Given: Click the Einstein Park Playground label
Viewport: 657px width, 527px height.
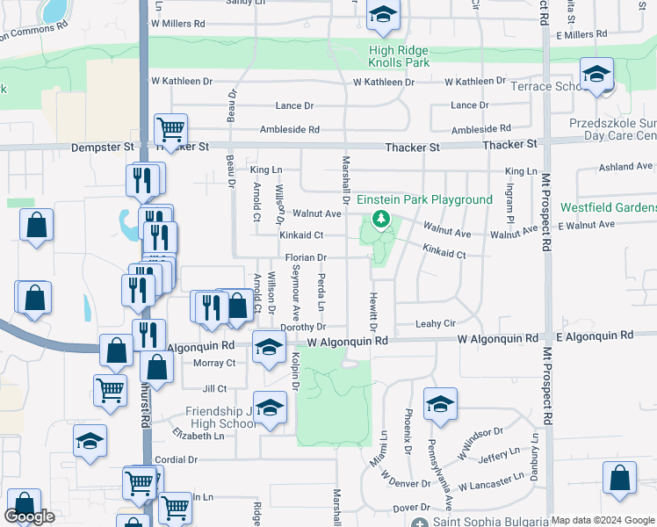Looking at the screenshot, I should click(x=424, y=199).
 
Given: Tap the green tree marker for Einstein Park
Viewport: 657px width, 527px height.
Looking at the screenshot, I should click(x=381, y=219).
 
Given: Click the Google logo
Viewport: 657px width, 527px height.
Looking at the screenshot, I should click(x=29, y=516).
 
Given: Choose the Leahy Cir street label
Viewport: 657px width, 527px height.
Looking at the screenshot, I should click(x=435, y=324).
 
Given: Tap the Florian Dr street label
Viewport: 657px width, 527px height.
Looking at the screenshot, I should click(x=306, y=257).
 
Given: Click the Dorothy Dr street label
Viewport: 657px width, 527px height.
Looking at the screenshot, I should click(x=302, y=327).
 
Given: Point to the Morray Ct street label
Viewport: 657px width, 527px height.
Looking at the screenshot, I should click(x=214, y=363).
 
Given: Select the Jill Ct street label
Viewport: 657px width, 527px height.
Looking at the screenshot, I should click(x=214, y=388).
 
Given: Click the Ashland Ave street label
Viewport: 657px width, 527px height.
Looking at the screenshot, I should click(x=625, y=166).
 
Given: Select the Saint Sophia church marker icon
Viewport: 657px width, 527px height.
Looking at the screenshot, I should click(x=419, y=523).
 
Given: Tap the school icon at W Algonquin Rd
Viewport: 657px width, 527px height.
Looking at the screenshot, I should click(x=269, y=346).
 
